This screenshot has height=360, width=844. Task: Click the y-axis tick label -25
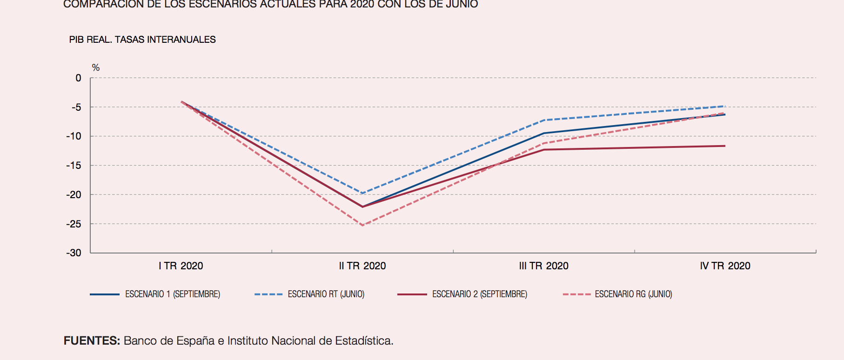pos(74,224)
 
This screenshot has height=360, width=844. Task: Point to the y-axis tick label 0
pos(78,78)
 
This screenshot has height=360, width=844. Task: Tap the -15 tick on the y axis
pos(74,166)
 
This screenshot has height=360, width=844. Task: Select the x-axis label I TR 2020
pos(181,266)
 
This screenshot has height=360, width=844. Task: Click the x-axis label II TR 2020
pos(362,266)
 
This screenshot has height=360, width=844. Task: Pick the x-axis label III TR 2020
pos(543,266)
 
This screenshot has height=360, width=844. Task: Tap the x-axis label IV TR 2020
pos(725,266)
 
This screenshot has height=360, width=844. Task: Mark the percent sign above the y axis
pos(96,68)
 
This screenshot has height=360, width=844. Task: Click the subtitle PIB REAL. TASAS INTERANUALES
pos(142,40)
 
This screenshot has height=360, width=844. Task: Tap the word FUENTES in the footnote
pos(92,341)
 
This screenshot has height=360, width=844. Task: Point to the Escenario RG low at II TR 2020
pos(362,225)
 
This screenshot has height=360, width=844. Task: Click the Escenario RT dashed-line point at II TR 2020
pos(362,193)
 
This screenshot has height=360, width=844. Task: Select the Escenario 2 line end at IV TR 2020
pos(724,146)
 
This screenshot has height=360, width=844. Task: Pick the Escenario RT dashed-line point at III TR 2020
pos(544,120)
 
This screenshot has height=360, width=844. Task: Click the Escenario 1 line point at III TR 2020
pos(544,133)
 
